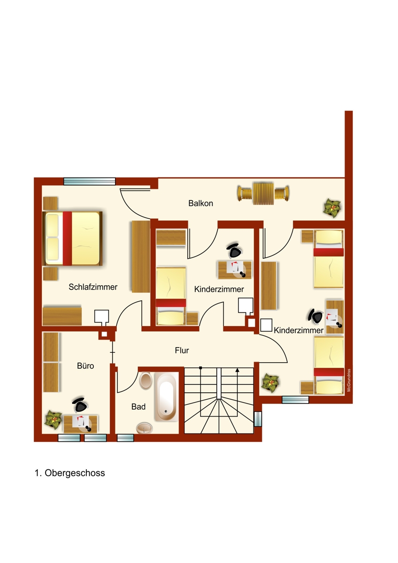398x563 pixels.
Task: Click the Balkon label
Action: tap(200, 203)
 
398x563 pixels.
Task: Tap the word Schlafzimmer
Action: tap(93, 287)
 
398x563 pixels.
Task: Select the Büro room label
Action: tap(85, 365)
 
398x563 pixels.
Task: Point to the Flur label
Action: tap(182, 350)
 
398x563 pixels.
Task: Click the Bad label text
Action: tap(138, 406)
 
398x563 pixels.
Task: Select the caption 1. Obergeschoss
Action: tap(69, 473)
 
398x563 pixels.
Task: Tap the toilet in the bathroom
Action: tap(145, 380)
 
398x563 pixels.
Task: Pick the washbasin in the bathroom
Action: tap(144, 427)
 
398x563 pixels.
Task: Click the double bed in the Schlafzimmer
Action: tap(72, 238)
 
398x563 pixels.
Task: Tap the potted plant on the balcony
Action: tap(332, 208)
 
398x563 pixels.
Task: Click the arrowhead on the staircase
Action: tap(237, 370)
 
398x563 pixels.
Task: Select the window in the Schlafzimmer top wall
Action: tap(89, 181)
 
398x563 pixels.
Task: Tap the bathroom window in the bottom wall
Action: tap(125, 438)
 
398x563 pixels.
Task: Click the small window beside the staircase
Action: tap(258, 418)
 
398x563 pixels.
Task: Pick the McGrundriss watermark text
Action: tap(349, 380)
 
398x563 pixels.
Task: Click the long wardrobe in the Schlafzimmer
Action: tap(140, 257)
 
